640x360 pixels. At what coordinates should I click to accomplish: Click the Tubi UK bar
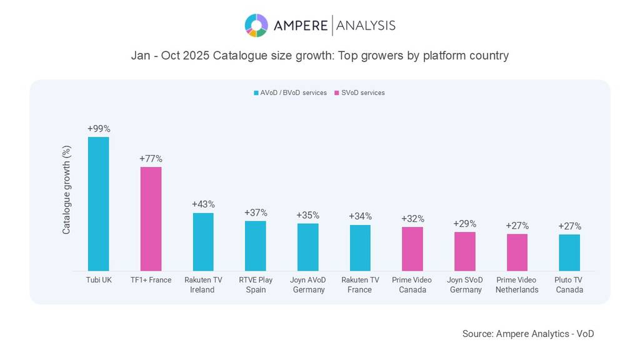tap(98, 204)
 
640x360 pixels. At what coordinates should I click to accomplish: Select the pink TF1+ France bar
tap(151, 219)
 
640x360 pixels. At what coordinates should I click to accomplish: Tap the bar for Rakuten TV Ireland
tap(203, 242)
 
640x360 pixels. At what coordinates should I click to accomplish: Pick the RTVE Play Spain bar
tap(255, 246)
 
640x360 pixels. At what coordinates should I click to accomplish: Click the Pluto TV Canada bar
tap(569, 252)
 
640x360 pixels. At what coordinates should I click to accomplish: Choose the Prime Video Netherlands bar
tap(517, 252)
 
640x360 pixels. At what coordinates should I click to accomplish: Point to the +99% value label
tap(99, 129)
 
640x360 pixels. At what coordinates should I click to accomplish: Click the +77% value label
tap(151, 159)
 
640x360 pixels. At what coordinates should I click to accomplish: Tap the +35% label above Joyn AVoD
tap(307, 216)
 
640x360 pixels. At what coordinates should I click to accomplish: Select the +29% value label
tap(464, 224)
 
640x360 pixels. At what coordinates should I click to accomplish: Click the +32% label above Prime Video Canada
tap(412, 219)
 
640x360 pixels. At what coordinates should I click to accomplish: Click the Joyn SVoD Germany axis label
tap(464, 285)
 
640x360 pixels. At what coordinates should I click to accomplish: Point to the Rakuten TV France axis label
tap(360, 285)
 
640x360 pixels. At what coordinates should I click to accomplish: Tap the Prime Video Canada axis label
tap(412, 285)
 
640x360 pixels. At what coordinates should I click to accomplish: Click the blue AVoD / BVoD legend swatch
tap(256, 93)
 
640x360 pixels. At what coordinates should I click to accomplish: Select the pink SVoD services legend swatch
tap(337, 93)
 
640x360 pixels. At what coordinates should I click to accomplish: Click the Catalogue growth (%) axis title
tap(66, 190)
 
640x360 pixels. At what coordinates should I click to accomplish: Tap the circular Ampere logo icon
tap(256, 26)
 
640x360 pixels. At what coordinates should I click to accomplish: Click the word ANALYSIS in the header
tap(366, 26)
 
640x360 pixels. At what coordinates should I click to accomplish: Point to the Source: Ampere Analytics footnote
tap(528, 334)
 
